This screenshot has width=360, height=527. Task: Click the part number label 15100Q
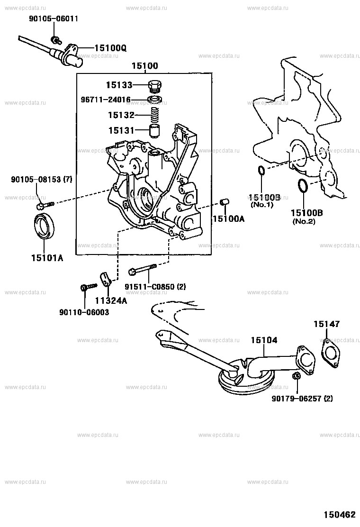[x=110, y=48]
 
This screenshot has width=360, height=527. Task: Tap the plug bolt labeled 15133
[x=154, y=87]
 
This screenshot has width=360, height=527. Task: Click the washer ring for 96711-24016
[x=155, y=100]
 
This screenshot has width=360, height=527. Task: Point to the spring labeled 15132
[x=155, y=115]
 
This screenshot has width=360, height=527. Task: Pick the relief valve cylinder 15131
[x=155, y=130]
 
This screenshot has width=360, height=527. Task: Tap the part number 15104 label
[x=264, y=340]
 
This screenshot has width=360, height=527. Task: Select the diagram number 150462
[x=339, y=514]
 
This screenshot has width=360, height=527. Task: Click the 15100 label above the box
[x=145, y=66]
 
